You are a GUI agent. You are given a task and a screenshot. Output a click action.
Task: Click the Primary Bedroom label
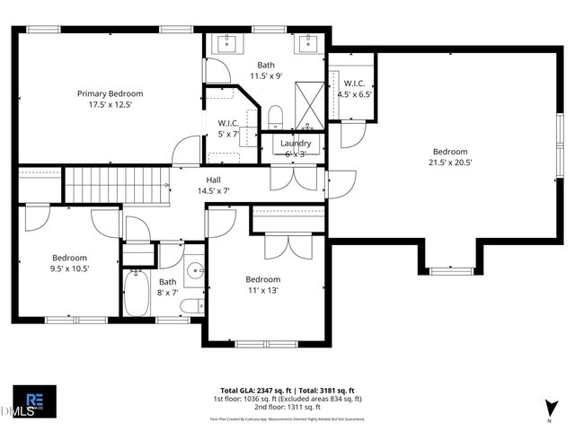coord(110,93)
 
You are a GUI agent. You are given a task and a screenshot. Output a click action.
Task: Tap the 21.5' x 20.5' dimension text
coord(450,163)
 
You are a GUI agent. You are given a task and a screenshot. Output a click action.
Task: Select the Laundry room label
coord(296,144)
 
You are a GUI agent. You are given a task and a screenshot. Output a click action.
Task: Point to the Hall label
coord(214,179)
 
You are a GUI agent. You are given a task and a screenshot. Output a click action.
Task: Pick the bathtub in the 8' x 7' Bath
coord(137,294)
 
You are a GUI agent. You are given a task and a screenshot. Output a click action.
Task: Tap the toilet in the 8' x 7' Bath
coord(191,306)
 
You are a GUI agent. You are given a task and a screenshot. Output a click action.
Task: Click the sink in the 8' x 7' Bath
coord(193,269)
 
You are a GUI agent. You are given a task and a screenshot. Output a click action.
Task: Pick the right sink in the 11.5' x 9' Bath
coord(310,44)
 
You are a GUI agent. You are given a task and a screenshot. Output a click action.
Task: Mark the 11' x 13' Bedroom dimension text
coord(263,290)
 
